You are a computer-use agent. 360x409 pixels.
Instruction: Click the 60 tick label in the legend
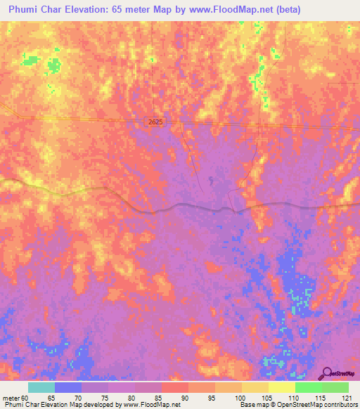coord(25,398)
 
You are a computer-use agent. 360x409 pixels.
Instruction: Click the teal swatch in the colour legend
coord(41,387)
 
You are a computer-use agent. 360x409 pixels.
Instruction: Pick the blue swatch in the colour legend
coord(68,387)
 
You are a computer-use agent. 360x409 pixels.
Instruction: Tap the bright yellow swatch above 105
coord(282,387)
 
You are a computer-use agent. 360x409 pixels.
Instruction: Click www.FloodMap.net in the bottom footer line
coord(151,405)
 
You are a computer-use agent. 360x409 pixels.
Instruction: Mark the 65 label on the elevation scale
coord(51,398)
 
